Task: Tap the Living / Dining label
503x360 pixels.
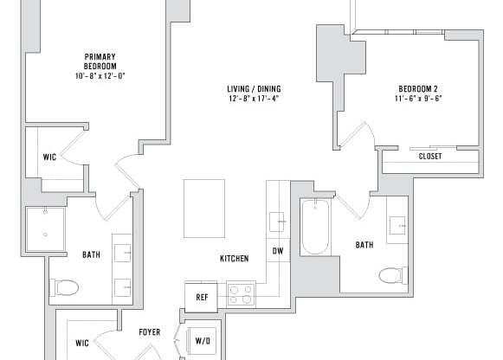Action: pyautogui.click(x=253, y=89)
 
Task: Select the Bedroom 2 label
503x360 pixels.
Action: pyautogui.click(x=419, y=89)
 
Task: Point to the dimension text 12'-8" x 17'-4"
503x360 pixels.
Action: pyautogui.click(x=253, y=99)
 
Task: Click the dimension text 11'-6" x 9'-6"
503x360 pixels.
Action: pyautogui.click(x=419, y=99)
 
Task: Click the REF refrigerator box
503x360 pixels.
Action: pyautogui.click(x=202, y=297)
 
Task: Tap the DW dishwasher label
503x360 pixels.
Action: pyautogui.click(x=277, y=251)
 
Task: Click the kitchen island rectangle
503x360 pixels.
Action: pyautogui.click(x=203, y=208)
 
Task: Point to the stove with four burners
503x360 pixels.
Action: pyautogui.click(x=241, y=294)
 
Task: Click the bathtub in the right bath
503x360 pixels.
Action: pyautogui.click(x=315, y=227)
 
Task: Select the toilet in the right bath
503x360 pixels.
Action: pyautogui.click(x=392, y=275)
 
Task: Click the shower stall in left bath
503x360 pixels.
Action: pyautogui.click(x=45, y=229)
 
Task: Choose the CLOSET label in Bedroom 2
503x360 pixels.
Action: pyautogui.click(x=429, y=157)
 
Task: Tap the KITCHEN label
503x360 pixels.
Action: pyautogui.click(x=234, y=259)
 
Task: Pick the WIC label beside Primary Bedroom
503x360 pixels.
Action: pyautogui.click(x=49, y=157)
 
